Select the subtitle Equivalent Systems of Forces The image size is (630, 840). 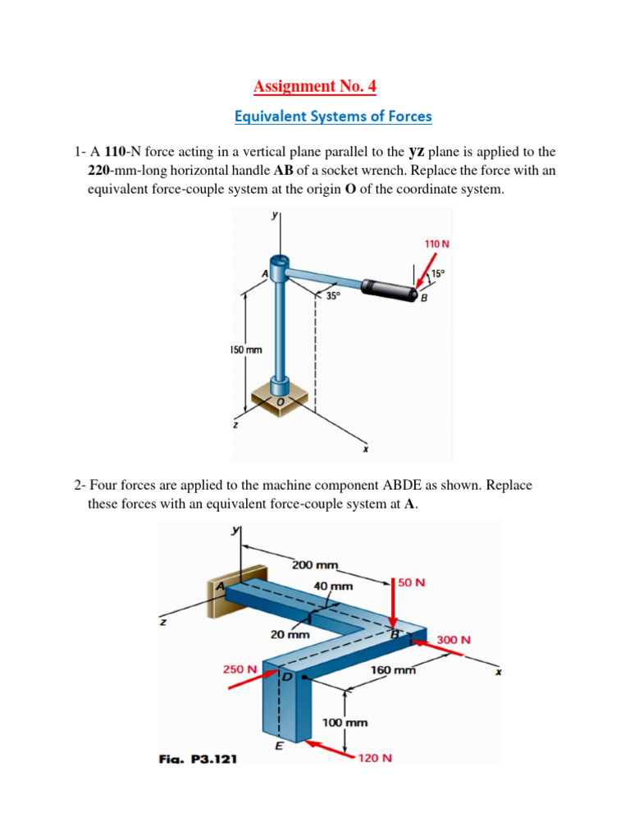332,116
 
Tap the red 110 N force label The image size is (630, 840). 436,244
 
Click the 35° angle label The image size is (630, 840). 331,296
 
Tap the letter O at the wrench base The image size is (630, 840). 281,401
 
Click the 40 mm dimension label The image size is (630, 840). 332,587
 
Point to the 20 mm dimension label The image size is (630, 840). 290,634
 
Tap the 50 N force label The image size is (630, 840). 413,582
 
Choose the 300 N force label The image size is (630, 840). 454,640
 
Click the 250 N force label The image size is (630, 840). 240,669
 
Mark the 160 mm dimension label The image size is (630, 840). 394,670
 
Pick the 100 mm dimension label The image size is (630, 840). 344,723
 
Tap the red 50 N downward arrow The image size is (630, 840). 395,603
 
